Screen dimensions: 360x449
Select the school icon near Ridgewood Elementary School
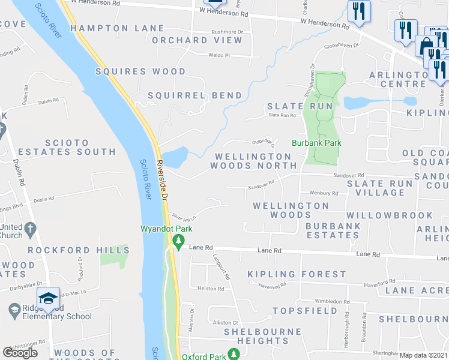click(48, 298)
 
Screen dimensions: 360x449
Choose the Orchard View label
click(197, 41)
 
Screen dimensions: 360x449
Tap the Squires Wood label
click(141, 71)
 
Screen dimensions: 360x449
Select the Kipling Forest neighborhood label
click(297, 274)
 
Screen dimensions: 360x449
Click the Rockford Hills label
click(78, 250)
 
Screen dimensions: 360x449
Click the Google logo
click(20, 352)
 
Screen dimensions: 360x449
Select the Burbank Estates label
click(333, 231)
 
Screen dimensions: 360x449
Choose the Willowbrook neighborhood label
click(389, 215)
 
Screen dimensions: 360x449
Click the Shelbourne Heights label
click(263, 336)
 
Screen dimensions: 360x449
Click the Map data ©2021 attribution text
click(423, 355)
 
